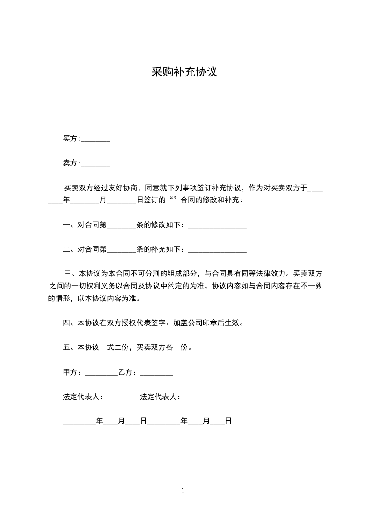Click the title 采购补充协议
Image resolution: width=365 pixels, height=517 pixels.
(x=184, y=72)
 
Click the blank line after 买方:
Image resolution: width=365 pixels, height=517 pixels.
(x=96, y=140)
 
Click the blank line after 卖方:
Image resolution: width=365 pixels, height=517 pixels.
(x=96, y=164)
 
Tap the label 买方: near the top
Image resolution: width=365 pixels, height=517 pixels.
(x=71, y=139)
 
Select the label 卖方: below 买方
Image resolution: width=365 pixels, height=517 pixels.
(x=71, y=163)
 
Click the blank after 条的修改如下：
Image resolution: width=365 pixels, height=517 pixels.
(x=217, y=226)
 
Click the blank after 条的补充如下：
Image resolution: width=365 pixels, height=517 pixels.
(x=217, y=250)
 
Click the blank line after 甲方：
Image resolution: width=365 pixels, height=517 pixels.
(x=101, y=373)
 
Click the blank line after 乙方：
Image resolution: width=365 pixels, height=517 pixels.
(x=156, y=373)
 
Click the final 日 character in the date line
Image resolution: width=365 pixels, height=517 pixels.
(x=228, y=421)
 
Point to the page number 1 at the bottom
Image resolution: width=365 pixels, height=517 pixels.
(x=183, y=491)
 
